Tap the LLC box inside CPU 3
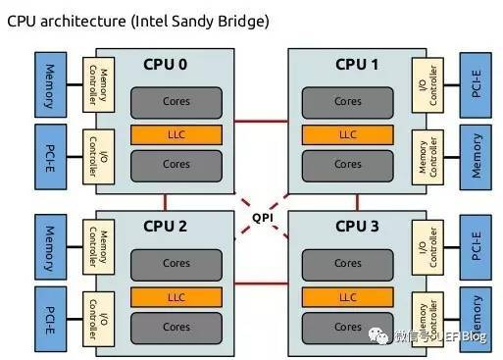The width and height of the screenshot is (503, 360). coord(347,294)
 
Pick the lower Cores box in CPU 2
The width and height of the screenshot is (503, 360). coord(177,327)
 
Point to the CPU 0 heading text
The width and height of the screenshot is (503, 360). coord(165,65)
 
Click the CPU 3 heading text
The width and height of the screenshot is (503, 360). coord(357,227)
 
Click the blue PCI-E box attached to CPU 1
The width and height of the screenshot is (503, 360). coord(478,83)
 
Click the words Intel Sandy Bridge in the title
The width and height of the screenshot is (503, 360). coord(205,20)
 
